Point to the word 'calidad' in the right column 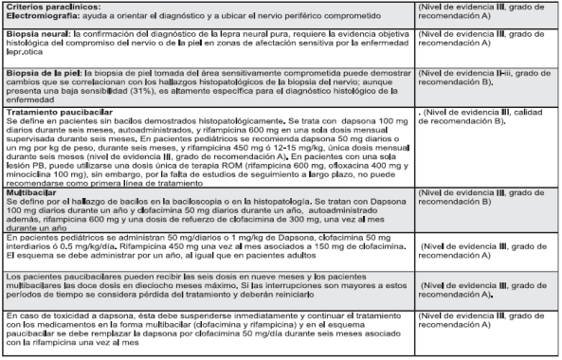point(521,112)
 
